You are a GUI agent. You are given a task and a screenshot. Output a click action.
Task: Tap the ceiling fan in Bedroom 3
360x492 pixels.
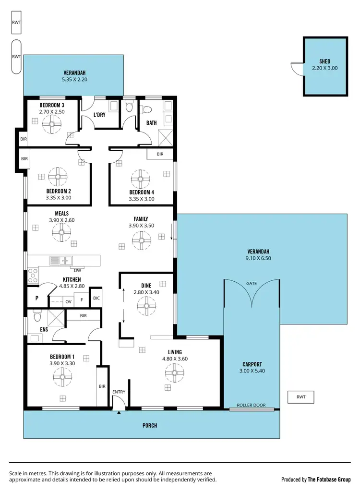coord(51,126)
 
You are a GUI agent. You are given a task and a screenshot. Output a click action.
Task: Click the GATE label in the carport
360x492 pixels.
coord(252,284)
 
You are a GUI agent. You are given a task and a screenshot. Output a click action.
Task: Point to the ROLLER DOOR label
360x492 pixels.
coord(252,405)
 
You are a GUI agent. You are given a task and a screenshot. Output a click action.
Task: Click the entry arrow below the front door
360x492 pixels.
coord(118,412)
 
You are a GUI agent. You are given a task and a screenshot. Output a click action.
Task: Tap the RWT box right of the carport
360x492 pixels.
coord(301,397)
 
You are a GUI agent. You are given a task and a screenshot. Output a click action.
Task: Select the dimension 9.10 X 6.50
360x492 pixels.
coord(258,258)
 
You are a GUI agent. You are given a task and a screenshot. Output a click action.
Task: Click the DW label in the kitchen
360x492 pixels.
coord(77,270)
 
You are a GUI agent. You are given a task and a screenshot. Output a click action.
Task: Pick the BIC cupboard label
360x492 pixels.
coord(96,298)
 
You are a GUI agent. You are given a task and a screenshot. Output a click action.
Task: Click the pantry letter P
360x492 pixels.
coord(36,298)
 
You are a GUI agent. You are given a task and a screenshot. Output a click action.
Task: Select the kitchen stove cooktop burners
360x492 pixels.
coord(33,276)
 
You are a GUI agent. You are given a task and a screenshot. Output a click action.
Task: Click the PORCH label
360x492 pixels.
coord(150,425)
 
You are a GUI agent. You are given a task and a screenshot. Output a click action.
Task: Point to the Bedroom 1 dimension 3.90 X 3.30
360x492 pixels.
coord(62,363)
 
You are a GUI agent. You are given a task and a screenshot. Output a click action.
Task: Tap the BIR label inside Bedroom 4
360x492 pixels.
coord(160,154)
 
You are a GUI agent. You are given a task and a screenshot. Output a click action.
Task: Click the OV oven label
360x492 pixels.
coord(68,301)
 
